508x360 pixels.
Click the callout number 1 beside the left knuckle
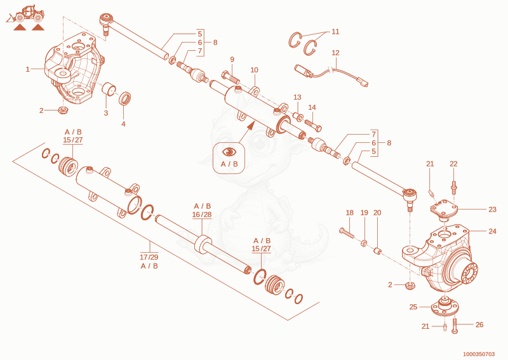(27, 69)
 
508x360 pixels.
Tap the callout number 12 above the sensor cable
(336, 53)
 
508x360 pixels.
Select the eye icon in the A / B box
(229, 152)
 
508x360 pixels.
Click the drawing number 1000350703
(479, 354)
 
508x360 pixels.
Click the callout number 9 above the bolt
(232, 60)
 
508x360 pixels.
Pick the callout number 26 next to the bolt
(479, 324)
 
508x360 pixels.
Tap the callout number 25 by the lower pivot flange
(413, 307)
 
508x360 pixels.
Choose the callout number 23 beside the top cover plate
(493, 210)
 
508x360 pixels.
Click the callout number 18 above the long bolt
(350, 213)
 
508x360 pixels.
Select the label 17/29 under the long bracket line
(149, 257)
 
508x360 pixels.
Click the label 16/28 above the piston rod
(201, 215)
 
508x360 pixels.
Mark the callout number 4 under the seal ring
(123, 124)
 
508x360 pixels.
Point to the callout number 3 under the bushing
(106, 113)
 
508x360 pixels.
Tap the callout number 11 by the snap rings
(335, 32)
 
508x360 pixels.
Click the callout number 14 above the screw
(312, 107)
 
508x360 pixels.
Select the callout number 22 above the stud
(453, 164)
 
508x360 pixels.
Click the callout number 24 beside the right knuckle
(493, 231)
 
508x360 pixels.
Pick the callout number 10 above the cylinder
(255, 70)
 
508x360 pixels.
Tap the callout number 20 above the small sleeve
(377, 213)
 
